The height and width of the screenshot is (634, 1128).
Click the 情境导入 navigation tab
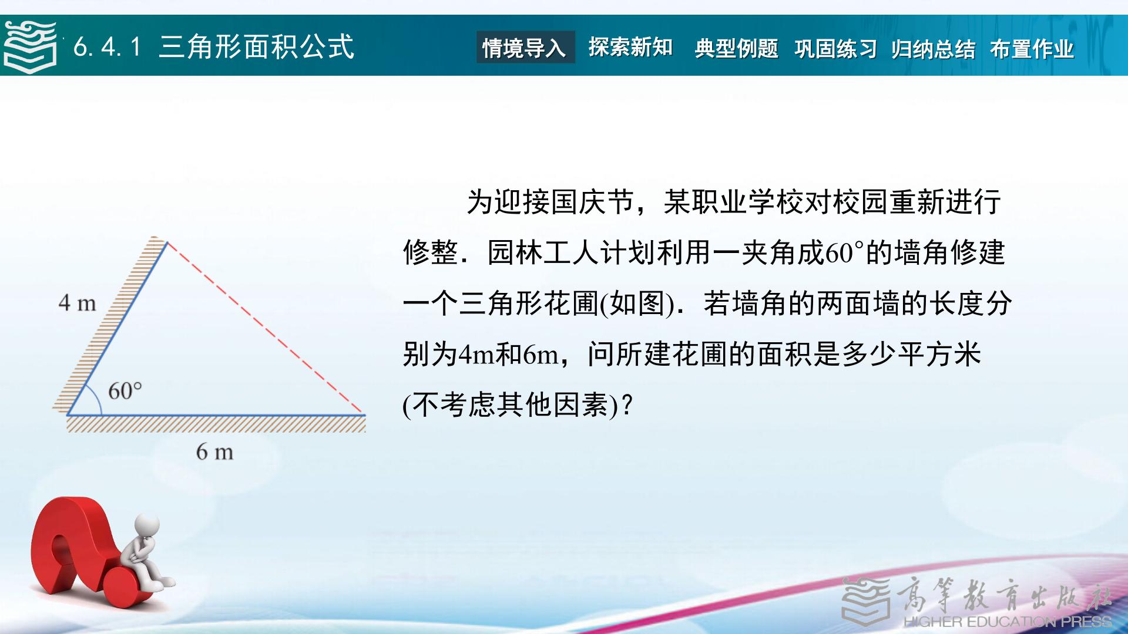click(x=525, y=48)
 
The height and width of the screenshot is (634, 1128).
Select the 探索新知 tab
click(x=630, y=48)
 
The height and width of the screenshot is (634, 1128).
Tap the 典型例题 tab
click(x=736, y=48)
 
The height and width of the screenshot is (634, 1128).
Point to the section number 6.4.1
click(x=108, y=47)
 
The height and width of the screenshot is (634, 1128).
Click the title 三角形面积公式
click(x=256, y=46)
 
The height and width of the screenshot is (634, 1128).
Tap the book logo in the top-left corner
click(x=30, y=47)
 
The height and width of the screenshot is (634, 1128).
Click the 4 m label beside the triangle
click(x=77, y=303)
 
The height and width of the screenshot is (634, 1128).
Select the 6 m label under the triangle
click(x=214, y=451)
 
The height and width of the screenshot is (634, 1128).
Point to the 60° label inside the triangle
click(x=125, y=390)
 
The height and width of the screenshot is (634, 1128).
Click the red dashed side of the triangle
click(x=266, y=328)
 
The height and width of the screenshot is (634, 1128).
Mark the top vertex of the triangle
click(x=167, y=241)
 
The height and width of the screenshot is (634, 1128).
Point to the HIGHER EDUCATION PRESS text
click(x=1008, y=622)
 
